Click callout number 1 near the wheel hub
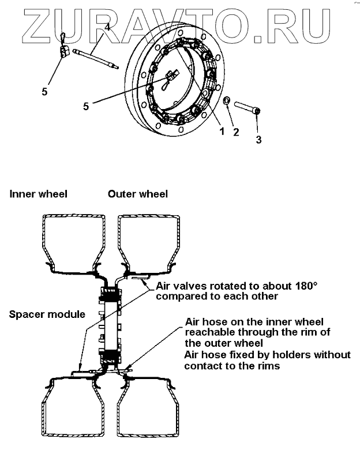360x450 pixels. click(220, 132)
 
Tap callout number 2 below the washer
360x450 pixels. click(235, 132)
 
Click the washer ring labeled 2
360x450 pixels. click(228, 102)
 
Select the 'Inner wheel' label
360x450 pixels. click(38, 194)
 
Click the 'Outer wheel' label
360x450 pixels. click(138, 194)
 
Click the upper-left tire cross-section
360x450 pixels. click(74, 242)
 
